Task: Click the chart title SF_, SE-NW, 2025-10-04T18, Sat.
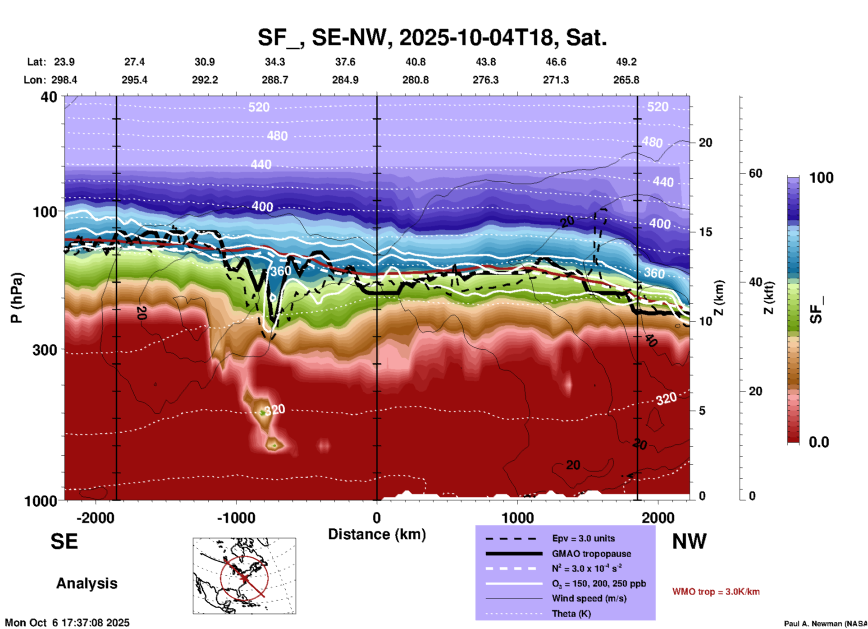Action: click(432, 37)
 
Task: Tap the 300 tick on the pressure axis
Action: click(45, 350)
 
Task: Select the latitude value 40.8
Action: click(415, 62)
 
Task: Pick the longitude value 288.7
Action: click(274, 80)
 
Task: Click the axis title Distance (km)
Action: click(377, 534)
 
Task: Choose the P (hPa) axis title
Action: click(17, 298)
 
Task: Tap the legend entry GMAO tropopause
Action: click(591, 554)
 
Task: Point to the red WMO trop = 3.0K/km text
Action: click(716, 592)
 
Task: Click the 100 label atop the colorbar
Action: click(821, 178)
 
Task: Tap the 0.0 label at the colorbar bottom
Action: click(819, 442)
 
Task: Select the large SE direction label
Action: click(64, 541)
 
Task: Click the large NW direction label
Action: click(689, 541)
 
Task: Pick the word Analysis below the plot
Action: click(87, 583)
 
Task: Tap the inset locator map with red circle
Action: click(244, 576)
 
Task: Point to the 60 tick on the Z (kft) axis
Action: click(755, 173)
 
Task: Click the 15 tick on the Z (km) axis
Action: click(705, 232)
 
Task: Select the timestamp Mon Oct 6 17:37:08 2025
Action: click(67, 623)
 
